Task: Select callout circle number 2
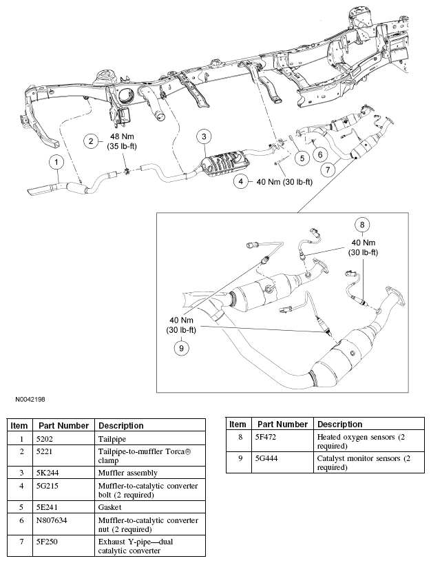click(x=91, y=142)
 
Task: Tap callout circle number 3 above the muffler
click(x=203, y=136)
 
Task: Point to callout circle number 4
click(x=241, y=182)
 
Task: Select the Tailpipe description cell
click(x=113, y=438)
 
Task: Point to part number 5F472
click(x=268, y=437)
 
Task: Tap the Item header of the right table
click(x=238, y=424)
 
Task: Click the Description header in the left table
click(x=120, y=426)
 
